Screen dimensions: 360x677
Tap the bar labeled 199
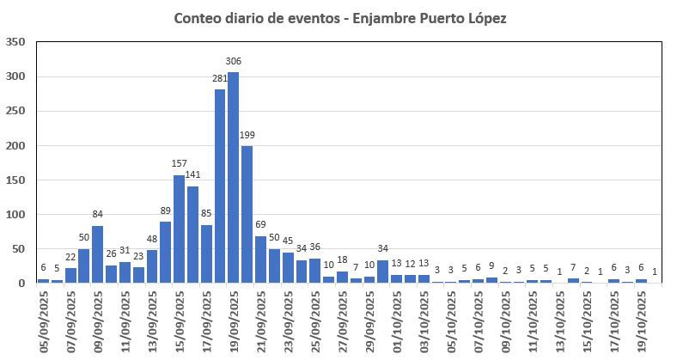pos(247,215)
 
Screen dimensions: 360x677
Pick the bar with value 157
pos(180,229)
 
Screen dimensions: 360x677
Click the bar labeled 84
pos(98,254)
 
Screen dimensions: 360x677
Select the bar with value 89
pos(166,253)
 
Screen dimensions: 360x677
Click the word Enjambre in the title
pos(387,18)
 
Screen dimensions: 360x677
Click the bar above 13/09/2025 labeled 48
pos(152,266)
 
